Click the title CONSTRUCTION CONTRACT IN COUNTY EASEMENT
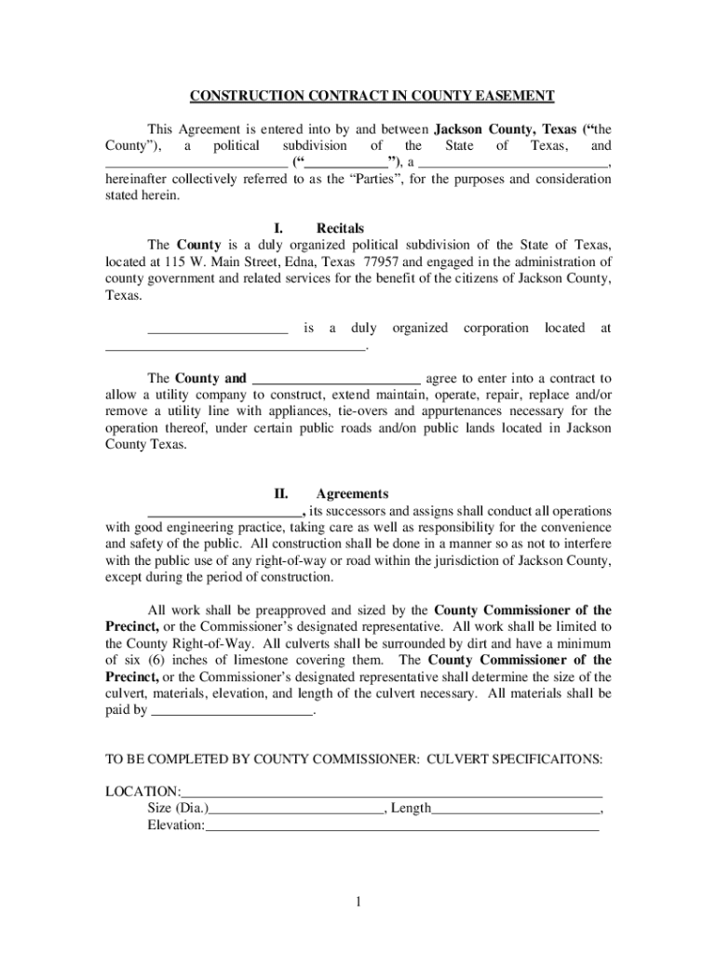pos(372,96)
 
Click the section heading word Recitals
pos(340,228)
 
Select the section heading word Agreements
pos(352,494)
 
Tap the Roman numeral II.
pos(280,494)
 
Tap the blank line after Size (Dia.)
pos(297,809)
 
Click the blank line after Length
pos(516,809)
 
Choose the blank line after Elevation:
pos(401,825)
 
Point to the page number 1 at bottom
pos(358,902)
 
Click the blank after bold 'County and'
pos(336,379)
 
